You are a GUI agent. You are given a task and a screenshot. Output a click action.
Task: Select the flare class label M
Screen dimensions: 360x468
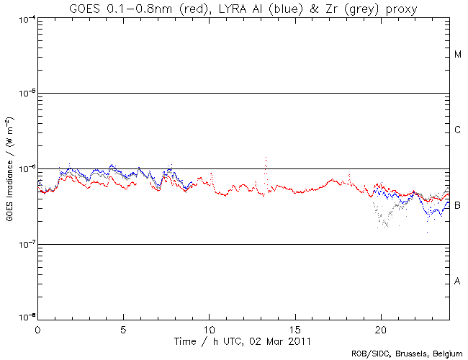click(x=458, y=55)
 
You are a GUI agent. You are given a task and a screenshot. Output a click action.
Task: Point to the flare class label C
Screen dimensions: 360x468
click(x=458, y=130)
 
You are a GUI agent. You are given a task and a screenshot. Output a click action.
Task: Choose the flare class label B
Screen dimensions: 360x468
click(x=458, y=205)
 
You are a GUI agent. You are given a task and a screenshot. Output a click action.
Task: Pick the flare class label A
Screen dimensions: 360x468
click(x=458, y=281)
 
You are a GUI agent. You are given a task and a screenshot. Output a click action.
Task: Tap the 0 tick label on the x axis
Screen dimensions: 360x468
click(x=37, y=328)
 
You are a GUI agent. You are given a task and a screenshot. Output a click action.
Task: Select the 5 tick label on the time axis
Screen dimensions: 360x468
click(x=123, y=328)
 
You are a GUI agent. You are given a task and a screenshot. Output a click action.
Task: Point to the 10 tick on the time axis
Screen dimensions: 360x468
click(x=209, y=328)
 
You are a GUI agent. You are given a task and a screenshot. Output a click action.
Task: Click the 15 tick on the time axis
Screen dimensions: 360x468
click(x=295, y=328)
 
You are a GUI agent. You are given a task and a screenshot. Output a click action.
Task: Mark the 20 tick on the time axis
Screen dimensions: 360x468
click(x=381, y=328)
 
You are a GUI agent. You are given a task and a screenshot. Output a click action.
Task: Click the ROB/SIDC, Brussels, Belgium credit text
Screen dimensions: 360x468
click(x=408, y=354)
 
